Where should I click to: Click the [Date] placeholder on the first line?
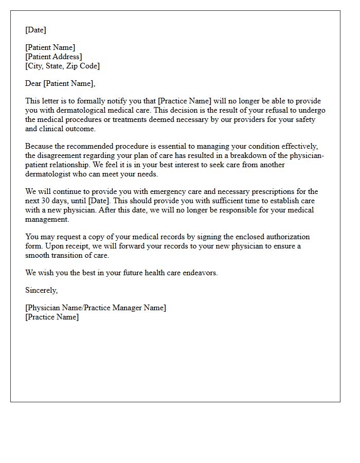click(35, 30)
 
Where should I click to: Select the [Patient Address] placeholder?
click(53, 57)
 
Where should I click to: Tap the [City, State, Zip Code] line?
click(62, 66)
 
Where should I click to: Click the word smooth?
click(37, 255)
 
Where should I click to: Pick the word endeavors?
click(201, 273)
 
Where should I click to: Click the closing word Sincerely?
click(41, 291)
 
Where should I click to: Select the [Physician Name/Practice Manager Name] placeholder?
click(96, 308)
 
